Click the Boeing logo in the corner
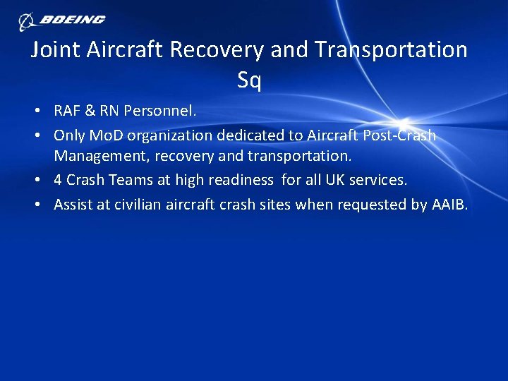62,20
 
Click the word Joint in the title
56,50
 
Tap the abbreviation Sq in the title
249,81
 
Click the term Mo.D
106,135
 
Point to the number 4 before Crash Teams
59,180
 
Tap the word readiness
240,180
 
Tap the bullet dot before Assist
44,205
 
